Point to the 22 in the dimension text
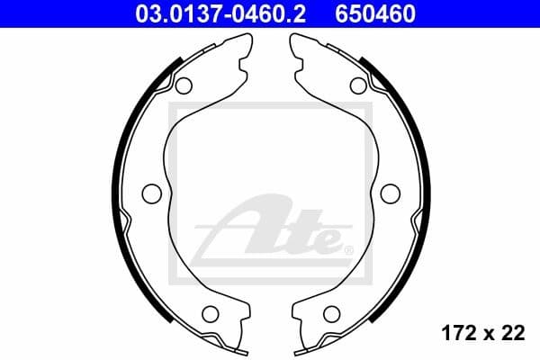coord(513,334)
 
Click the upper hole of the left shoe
coord(184,85)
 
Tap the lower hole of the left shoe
coord(211,314)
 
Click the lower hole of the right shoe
coord(330,314)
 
